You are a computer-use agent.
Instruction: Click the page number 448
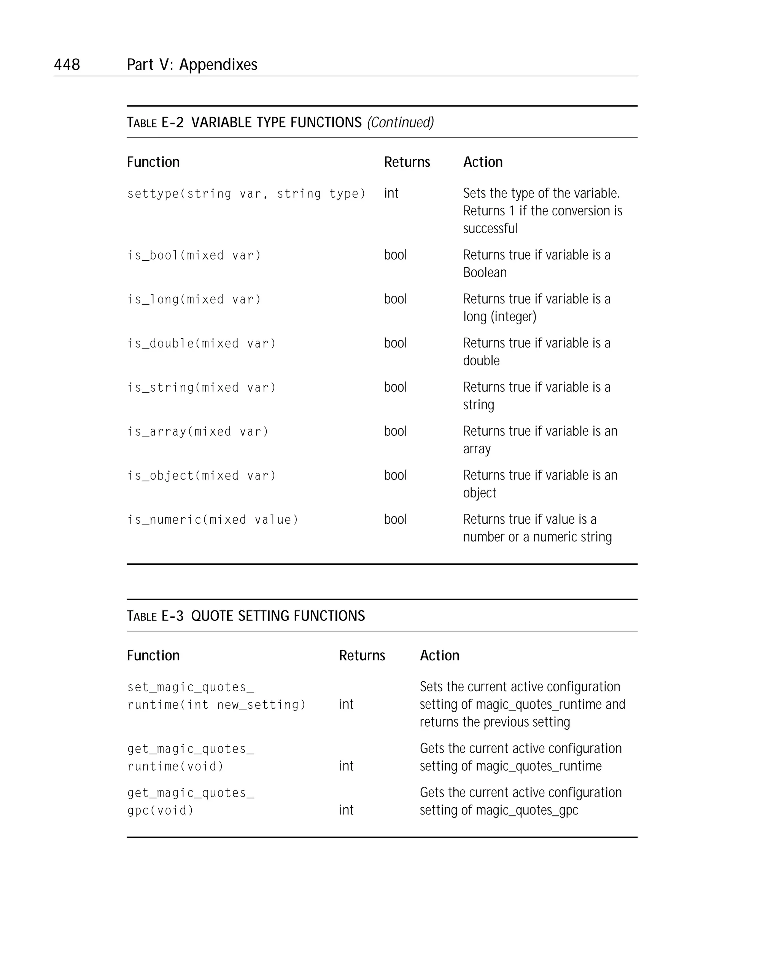67,65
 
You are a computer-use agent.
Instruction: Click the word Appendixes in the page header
218,65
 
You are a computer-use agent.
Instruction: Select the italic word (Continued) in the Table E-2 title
401,122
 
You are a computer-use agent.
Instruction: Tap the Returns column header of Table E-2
407,162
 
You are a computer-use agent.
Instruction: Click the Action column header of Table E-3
439,656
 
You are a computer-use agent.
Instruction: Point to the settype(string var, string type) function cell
246,194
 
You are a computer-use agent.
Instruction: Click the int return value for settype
391,193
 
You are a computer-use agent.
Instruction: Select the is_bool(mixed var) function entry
194,256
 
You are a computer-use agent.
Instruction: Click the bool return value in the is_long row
395,299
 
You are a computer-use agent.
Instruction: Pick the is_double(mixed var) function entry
201,343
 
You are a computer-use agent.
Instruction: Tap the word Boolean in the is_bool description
485,273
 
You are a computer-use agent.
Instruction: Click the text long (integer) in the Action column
499,317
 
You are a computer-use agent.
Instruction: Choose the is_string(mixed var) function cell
201,387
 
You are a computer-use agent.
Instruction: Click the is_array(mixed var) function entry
197,431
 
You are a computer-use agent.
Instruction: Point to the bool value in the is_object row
395,475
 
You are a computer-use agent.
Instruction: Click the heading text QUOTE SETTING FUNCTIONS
278,616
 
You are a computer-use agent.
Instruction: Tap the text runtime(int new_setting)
216,705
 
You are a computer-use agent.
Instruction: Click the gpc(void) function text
161,811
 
